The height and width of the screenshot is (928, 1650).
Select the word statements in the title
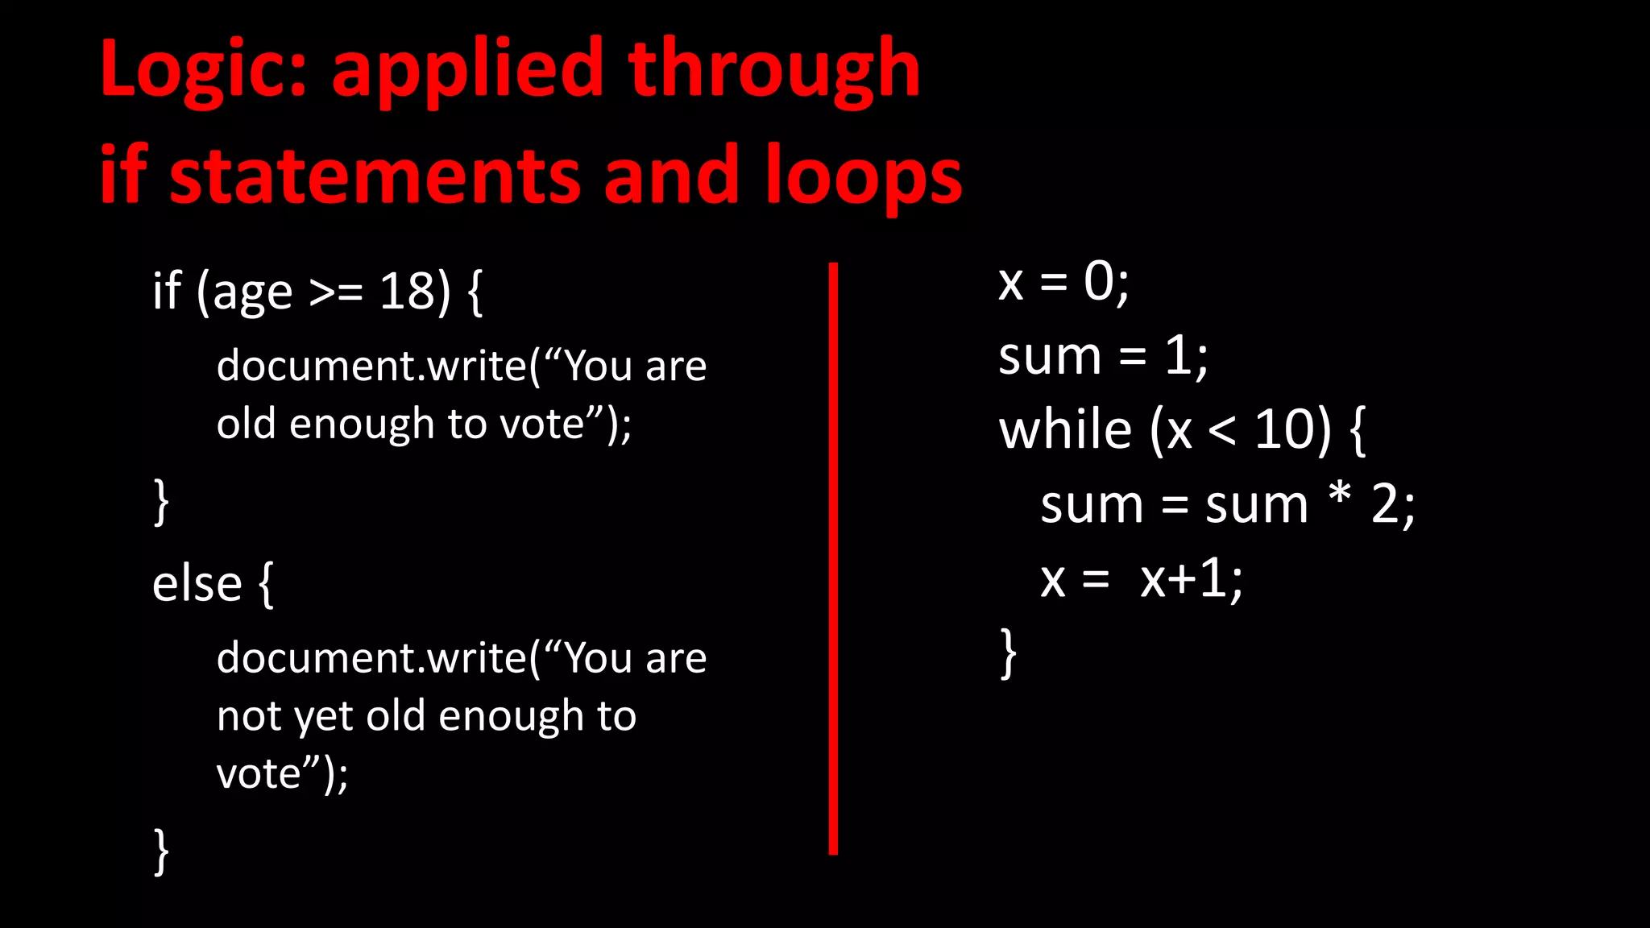coord(375,176)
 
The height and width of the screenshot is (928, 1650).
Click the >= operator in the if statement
coord(336,292)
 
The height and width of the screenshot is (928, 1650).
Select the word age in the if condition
coord(252,294)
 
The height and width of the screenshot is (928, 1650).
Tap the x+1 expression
coord(1190,578)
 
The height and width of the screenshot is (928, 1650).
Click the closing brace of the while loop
coord(1008,653)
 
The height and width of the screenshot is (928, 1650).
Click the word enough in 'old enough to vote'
coord(362,425)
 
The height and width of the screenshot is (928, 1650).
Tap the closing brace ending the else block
coord(161,851)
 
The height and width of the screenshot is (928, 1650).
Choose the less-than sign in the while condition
coord(1221,431)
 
